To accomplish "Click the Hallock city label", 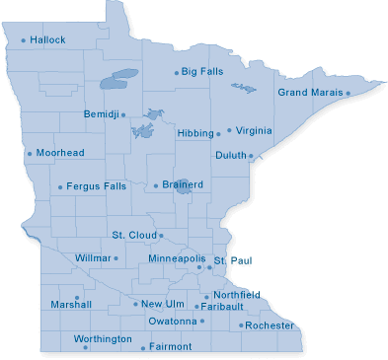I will tap(47, 40).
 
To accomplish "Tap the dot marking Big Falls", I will tap(177, 72).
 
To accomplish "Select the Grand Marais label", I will tap(310, 93).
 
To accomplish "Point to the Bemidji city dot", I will tap(123, 114).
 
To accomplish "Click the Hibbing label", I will tap(195, 132).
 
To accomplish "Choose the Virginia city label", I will tap(255, 129).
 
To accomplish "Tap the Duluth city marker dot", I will tap(251, 156).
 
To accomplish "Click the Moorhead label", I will tap(60, 154).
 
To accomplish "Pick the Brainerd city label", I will tap(183, 184).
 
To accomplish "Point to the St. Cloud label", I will tap(133, 235).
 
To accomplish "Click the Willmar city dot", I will tap(116, 258).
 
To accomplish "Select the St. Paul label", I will tap(228, 258).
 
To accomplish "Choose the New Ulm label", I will tap(162, 304).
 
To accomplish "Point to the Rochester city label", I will tap(270, 325).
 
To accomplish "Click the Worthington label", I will tap(102, 339).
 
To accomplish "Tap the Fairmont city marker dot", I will tap(143, 348).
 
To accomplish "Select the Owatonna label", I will tap(173, 322).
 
